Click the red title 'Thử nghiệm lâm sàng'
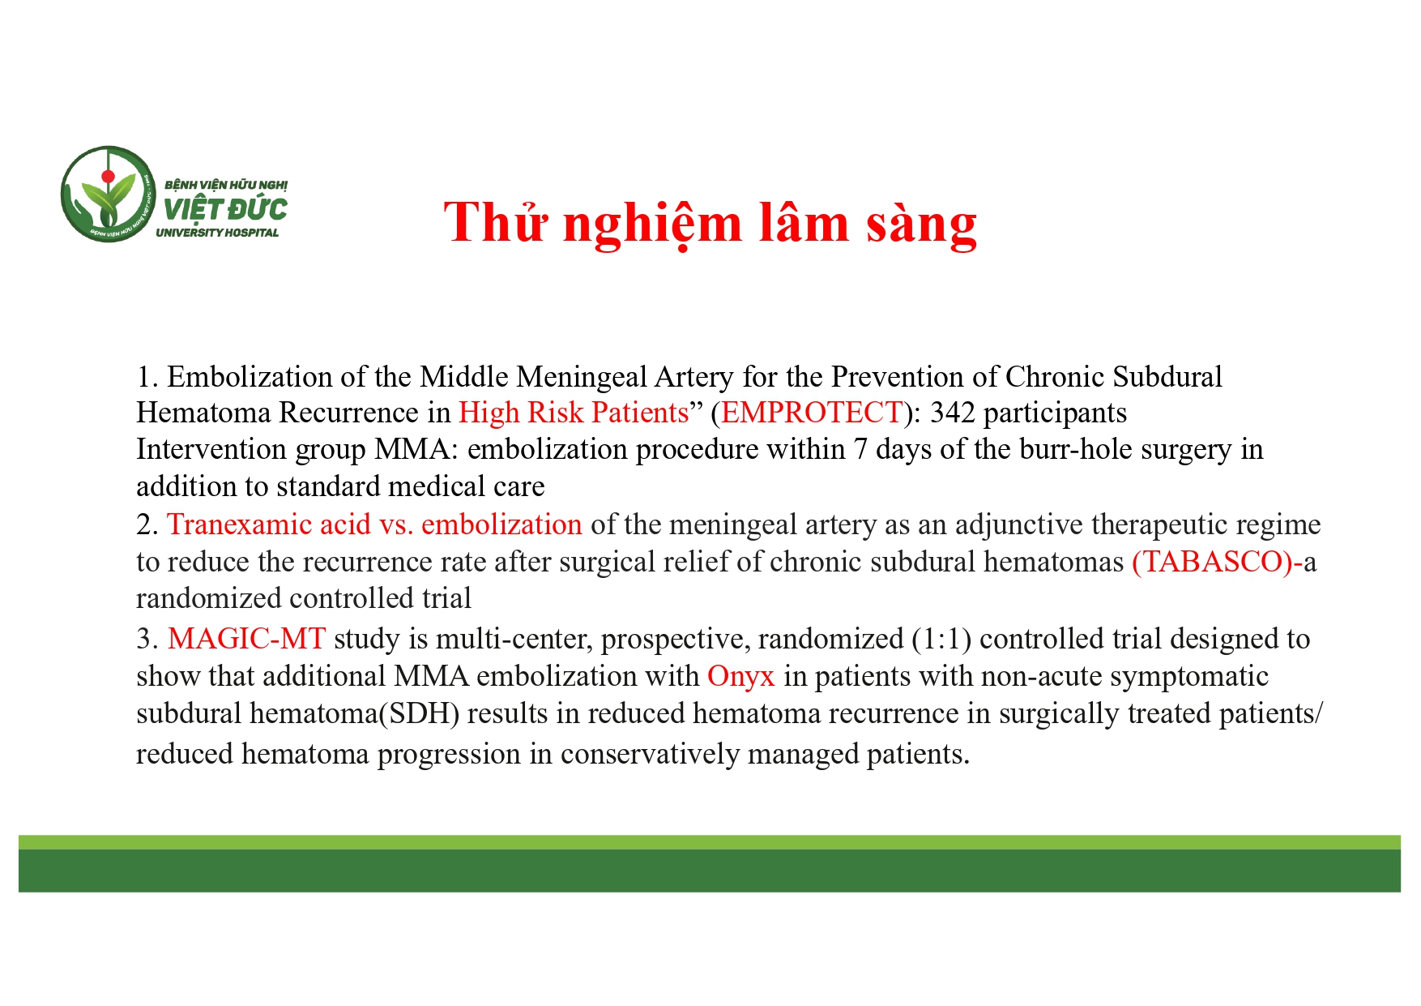(x=710, y=223)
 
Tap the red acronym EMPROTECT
(x=811, y=413)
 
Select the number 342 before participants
(x=952, y=413)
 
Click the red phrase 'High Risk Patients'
(x=573, y=413)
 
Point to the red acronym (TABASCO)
(x=1212, y=562)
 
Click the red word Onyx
(x=740, y=676)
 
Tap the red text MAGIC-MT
(x=246, y=639)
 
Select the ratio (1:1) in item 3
(x=941, y=639)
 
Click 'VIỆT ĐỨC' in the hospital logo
(x=224, y=209)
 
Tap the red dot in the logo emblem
(x=108, y=176)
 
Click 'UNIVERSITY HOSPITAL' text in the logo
(x=217, y=233)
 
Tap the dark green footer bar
(x=710, y=871)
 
